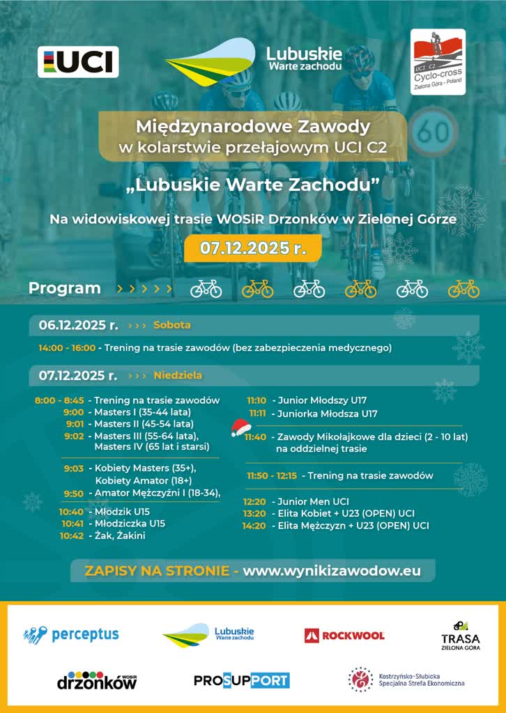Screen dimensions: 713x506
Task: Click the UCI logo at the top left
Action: [78, 62]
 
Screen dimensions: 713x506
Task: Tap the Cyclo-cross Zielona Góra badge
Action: [438, 62]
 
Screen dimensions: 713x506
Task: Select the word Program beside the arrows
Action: [65, 288]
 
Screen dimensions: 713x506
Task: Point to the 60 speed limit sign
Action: [432, 130]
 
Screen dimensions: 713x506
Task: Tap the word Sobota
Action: [171, 325]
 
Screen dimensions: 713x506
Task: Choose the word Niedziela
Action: [178, 375]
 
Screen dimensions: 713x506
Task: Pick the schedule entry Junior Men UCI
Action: [313, 501]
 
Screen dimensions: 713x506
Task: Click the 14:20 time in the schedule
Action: [254, 525]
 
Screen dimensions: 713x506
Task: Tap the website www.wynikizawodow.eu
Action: [332, 570]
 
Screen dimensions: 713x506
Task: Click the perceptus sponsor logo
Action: [71, 634]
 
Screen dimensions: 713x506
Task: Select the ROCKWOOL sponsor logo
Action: [344, 635]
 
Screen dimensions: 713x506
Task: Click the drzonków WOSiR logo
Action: [96, 680]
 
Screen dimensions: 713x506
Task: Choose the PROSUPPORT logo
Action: [241, 680]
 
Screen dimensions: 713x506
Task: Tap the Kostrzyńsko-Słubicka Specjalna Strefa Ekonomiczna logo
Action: [406, 680]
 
